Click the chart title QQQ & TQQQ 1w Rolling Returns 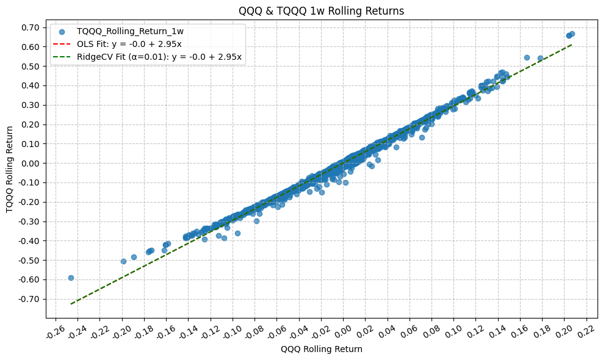tap(322, 11)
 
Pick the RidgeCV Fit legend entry tap(159, 57)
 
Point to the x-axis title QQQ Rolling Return tap(322, 350)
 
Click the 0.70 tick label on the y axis tap(31, 27)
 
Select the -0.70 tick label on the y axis tap(29, 299)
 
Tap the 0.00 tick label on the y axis tap(31, 163)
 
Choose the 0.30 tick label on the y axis tap(31, 105)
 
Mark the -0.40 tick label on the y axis tap(29, 241)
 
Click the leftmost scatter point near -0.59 tap(71, 278)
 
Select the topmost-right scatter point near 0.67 tap(572, 34)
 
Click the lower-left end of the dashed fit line tap(71, 303)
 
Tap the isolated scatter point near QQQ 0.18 tap(540, 59)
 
